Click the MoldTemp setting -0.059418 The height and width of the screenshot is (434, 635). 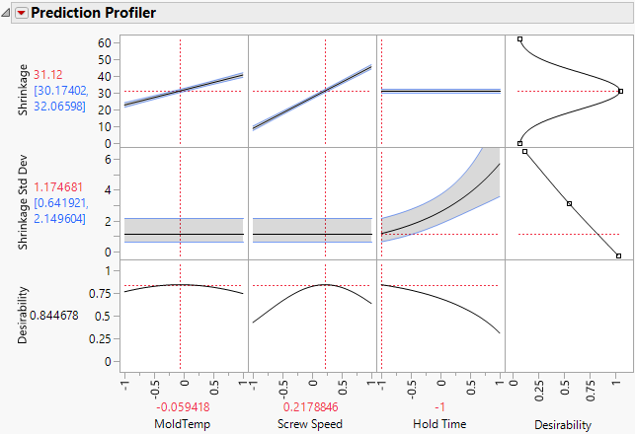pos(183,406)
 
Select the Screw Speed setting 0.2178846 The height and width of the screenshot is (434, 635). pos(313,406)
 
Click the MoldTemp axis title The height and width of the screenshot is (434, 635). pos(183,425)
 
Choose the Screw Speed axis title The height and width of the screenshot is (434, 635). pos(313,425)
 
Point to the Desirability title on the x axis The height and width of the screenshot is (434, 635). pos(570,425)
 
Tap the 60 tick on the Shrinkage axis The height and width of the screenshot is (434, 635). pos(103,42)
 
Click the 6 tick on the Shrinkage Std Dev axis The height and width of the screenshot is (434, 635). pos(108,158)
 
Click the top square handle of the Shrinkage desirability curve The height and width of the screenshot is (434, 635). pos(520,38)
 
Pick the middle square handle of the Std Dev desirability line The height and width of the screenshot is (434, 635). pos(570,204)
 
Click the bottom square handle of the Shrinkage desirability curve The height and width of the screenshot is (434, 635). pos(520,143)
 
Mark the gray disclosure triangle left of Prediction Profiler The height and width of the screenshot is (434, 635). pos(8,13)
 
